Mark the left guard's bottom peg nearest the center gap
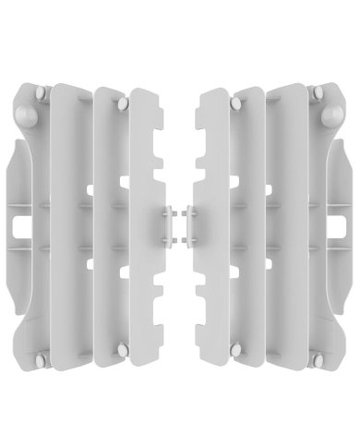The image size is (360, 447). tap(121, 348)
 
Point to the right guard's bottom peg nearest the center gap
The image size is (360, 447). tap(237, 348)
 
